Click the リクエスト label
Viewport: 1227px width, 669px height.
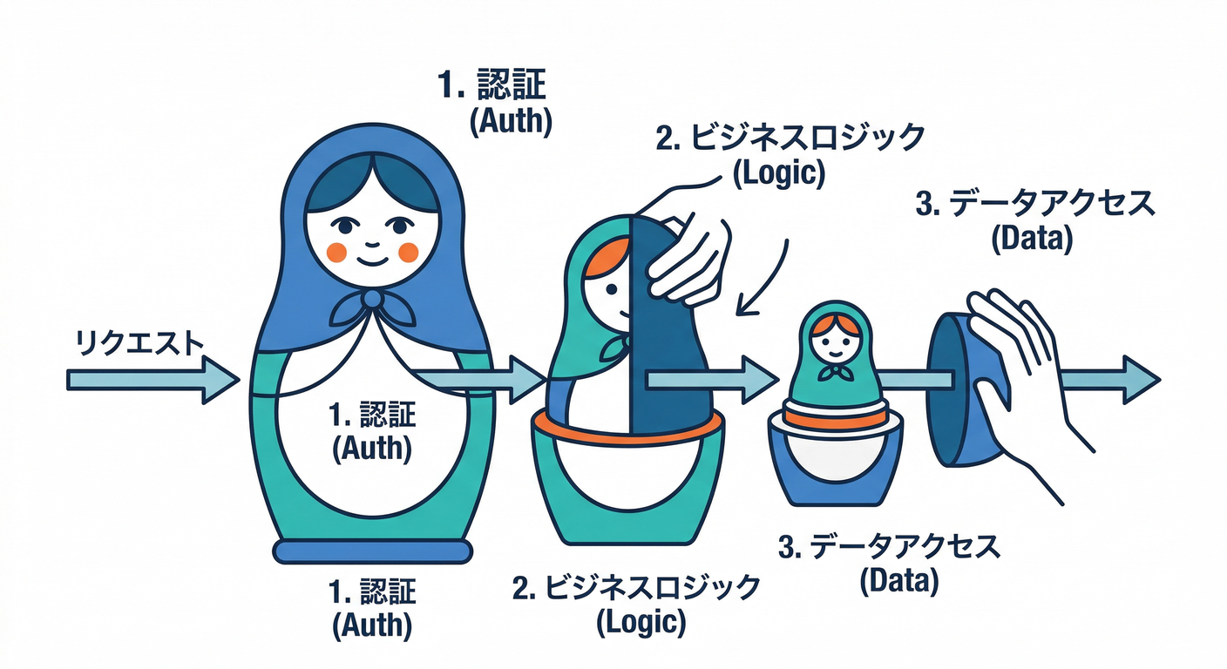[x=139, y=343]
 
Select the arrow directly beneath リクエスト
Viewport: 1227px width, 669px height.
[x=153, y=380]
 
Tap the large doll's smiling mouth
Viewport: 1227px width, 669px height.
[x=372, y=260]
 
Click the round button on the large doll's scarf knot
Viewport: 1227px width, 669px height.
[x=372, y=299]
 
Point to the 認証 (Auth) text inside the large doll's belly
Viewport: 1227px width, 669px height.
[x=372, y=431]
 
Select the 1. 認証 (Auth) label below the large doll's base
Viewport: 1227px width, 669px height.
[x=372, y=609]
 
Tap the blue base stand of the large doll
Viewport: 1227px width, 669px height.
[x=372, y=552]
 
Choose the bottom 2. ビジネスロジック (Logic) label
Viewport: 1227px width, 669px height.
[x=636, y=605]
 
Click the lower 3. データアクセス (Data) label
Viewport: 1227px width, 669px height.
[x=890, y=564]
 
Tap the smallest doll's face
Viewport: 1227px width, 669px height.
[x=834, y=346]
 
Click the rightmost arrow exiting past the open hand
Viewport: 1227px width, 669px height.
[x=1109, y=380]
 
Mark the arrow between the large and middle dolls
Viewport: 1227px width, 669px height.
[x=479, y=380]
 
